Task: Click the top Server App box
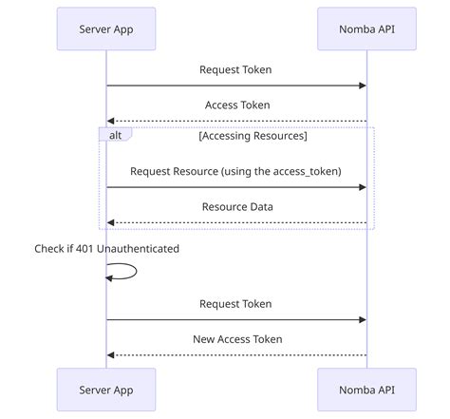pyautogui.click(x=105, y=29)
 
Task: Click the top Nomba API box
pyautogui.click(x=366, y=29)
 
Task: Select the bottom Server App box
pyautogui.click(x=105, y=390)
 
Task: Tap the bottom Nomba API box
pyautogui.click(x=366, y=390)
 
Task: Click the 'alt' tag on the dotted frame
pyautogui.click(x=115, y=135)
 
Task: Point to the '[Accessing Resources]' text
pyautogui.click(x=253, y=136)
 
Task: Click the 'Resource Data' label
pyautogui.click(x=235, y=206)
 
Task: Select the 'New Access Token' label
pyautogui.click(x=235, y=339)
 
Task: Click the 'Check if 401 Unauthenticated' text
pyautogui.click(x=107, y=248)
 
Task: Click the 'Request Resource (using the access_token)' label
pyautogui.click(x=235, y=170)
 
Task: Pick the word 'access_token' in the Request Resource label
pyautogui.click(x=304, y=170)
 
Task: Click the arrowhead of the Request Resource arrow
pyautogui.click(x=362, y=187)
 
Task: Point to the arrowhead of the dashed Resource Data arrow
pyautogui.click(x=111, y=222)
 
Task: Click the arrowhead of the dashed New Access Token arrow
pyautogui.click(x=111, y=355)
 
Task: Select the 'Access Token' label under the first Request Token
pyautogui.click(x=237, y=105)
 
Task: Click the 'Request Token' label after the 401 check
pyautogui.click(x=235, y=304)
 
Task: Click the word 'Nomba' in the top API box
pyautogui.click(x=354, y=29)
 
